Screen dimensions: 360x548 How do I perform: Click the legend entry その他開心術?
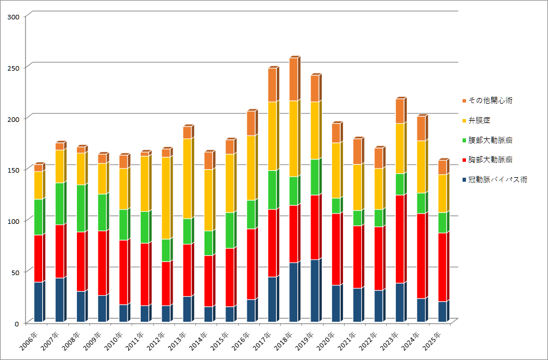[490, 101]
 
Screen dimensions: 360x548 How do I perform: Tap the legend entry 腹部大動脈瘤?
[490, 140]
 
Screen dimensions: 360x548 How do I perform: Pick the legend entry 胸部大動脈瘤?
[490, 160]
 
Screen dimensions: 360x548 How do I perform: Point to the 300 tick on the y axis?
[13, 17]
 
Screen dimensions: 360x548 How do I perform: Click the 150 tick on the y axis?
[13, 170]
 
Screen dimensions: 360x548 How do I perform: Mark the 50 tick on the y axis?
[15, 272]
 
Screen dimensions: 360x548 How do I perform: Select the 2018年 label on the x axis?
[288, 341]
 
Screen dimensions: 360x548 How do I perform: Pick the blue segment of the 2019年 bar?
[315, 291]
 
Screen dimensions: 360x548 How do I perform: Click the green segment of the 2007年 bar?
[60, 204]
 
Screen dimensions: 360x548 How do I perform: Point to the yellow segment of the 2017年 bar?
[272, 136]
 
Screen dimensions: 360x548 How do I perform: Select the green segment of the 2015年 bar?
[230, 230]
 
